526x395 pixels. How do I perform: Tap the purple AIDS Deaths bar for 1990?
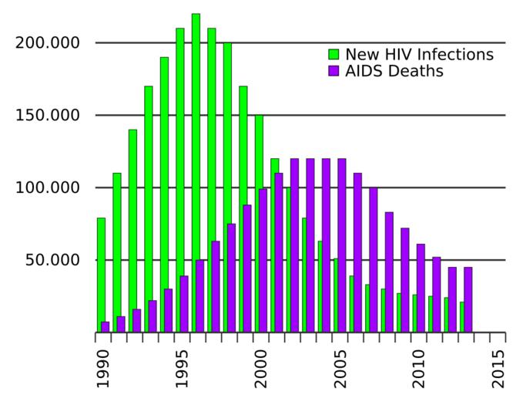click(106, 327)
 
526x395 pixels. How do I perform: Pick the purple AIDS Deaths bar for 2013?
click(468, 299)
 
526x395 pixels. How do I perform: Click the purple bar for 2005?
click(342, 245)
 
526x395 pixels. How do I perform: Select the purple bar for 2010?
click(420, 288)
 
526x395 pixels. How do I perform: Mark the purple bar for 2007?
click(374, 259)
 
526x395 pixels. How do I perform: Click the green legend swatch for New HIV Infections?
click(333, 55)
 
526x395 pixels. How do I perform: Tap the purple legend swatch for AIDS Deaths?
click(333, 71)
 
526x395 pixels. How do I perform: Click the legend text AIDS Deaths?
click(394, 72)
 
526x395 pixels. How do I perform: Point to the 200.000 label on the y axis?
click(48, 42)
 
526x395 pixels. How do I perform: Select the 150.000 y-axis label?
click(48, 115)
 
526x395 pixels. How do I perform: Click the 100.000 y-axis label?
click(48, 187)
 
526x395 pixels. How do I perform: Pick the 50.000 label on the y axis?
click(52, 260)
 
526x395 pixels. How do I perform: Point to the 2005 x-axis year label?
click(341, 368)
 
